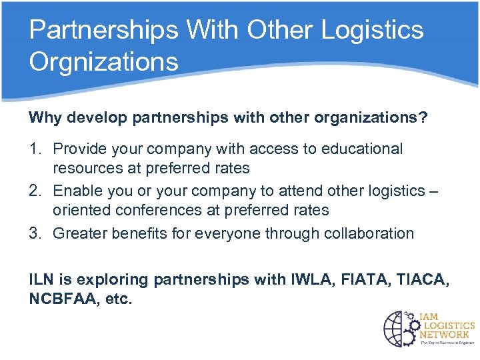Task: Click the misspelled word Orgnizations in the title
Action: (104, 61)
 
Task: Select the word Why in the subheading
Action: (41, 117)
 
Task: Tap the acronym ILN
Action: (41, 279)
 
